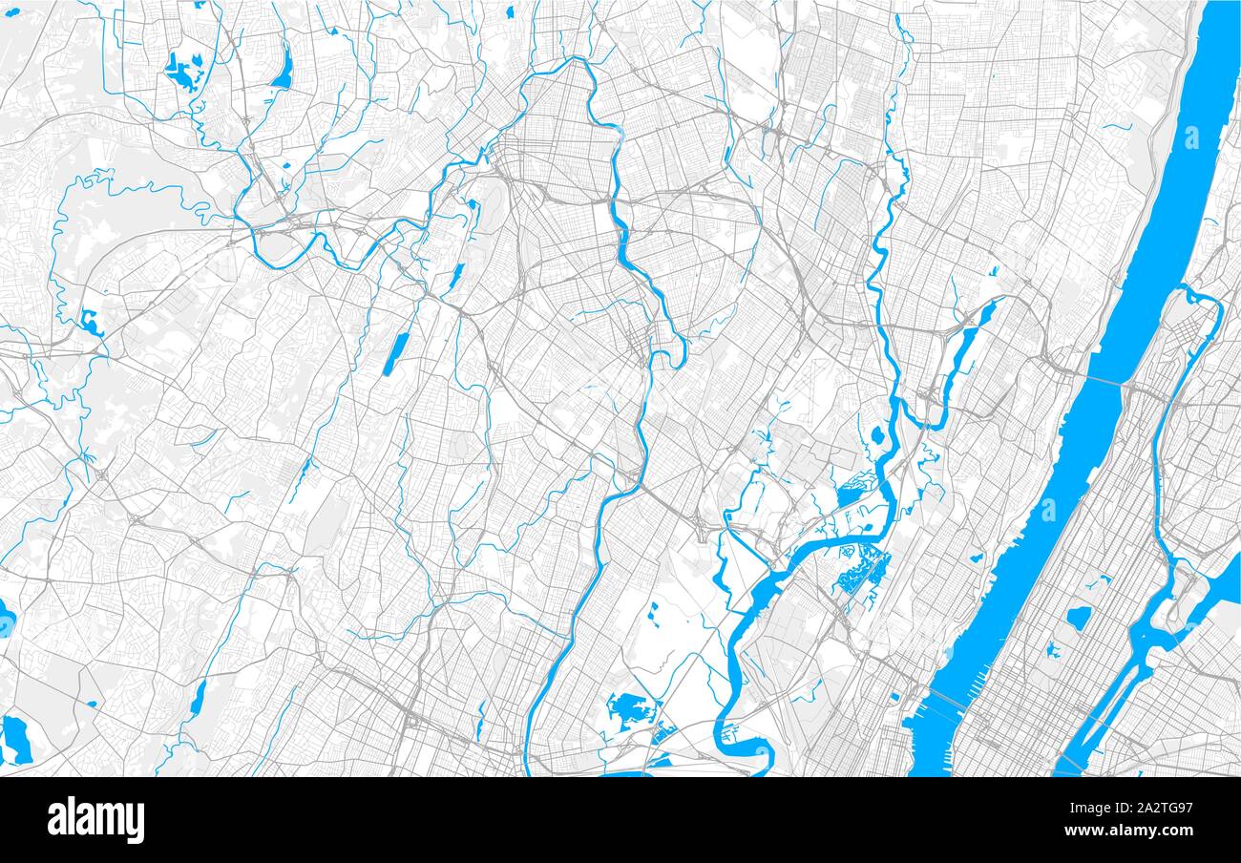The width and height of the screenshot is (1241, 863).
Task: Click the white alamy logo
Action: [95, 819]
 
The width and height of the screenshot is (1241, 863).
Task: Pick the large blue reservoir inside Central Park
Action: [1078, 618]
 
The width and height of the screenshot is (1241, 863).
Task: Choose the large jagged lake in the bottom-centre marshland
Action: [626, 709]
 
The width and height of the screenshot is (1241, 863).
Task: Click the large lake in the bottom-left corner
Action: [15, 738]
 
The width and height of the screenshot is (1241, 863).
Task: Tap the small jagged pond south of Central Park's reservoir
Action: [1053, 651]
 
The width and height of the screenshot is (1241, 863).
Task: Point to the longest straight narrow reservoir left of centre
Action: [393, 353]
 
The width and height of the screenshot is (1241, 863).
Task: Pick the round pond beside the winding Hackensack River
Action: [876, 436]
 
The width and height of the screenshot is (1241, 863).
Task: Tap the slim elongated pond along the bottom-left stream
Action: [198, 700]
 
